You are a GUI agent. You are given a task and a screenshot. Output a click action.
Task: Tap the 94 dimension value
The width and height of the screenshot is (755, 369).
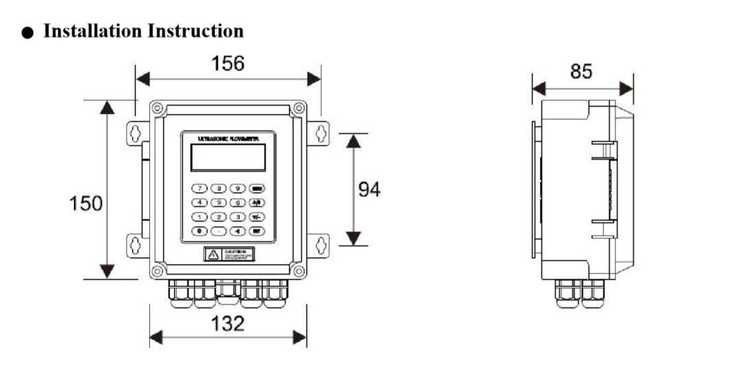click(370, 189)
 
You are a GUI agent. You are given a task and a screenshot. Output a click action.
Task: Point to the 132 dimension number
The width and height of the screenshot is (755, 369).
click(227, 324)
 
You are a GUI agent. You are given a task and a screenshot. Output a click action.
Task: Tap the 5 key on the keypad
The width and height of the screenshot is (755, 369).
click(219, 202)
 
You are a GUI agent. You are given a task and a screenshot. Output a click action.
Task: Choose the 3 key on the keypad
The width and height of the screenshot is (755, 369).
click(237, 217)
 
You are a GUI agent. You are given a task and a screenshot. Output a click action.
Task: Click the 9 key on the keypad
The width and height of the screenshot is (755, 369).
click(237, 188)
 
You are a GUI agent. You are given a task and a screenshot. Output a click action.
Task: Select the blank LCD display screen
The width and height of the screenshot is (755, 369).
click(227, 158)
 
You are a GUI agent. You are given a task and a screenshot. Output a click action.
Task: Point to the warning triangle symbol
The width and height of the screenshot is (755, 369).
click(214, 254)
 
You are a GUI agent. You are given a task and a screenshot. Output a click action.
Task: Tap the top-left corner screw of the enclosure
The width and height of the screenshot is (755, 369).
click(158, 108)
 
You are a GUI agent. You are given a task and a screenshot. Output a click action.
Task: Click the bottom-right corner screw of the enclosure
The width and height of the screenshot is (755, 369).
click(299, 270)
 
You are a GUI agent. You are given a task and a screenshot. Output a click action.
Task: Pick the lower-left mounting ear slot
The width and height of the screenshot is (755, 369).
click(136, 243)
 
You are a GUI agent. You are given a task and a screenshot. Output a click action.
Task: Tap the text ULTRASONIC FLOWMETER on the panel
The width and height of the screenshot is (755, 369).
click(227, 139)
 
